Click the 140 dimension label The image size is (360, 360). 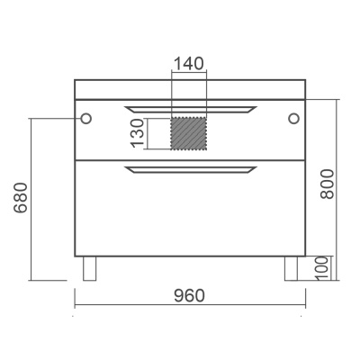189,63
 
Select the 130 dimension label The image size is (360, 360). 138,133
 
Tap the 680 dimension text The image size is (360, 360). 21,197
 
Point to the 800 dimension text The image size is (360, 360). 327,184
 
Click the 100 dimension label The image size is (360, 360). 322,268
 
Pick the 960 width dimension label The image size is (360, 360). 189,296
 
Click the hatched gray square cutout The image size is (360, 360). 189,133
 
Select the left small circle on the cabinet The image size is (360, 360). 86,119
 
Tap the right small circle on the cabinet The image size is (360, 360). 294,119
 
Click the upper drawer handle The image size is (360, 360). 191,110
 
